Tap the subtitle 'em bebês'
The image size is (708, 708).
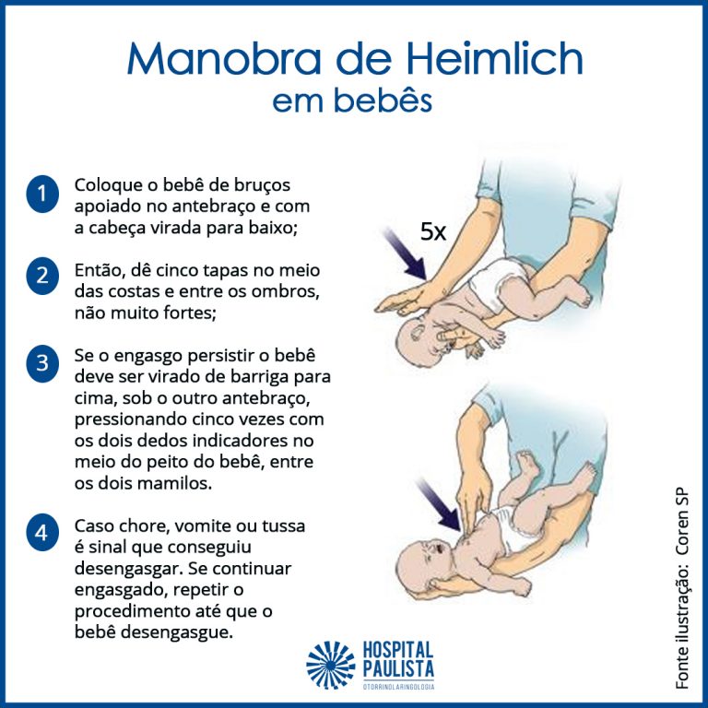click(x=352, y=100)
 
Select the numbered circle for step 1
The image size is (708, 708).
click(x=42, y=195)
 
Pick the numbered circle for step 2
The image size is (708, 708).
click(x=42, y=276)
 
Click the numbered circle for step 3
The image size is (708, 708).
click(x=42, y=363)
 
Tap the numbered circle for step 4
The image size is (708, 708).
click(x=42, y=532)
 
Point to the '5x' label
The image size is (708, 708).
click(x=432, y=231)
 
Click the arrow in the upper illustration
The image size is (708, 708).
click(x=404, y=254)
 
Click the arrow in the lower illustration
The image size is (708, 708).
click(x=439, y=505)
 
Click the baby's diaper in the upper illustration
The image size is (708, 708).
click(x=497, y=282)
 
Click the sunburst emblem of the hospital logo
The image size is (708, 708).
click(x=331, y=665)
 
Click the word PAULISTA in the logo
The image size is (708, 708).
click(x=398, y=668)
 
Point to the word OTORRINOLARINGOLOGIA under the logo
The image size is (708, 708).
click(x=398, y=686)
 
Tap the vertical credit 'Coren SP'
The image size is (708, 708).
click(x=681, y=522)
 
